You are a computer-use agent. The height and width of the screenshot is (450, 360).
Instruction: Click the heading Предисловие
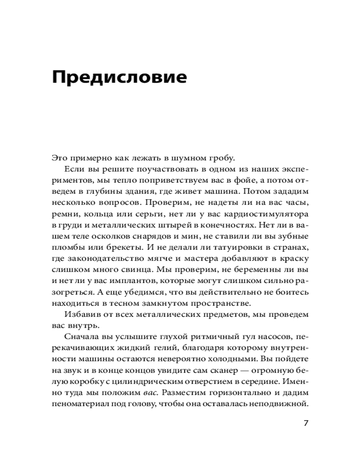(119, 77)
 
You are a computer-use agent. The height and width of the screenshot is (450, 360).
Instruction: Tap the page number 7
(306, 423)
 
